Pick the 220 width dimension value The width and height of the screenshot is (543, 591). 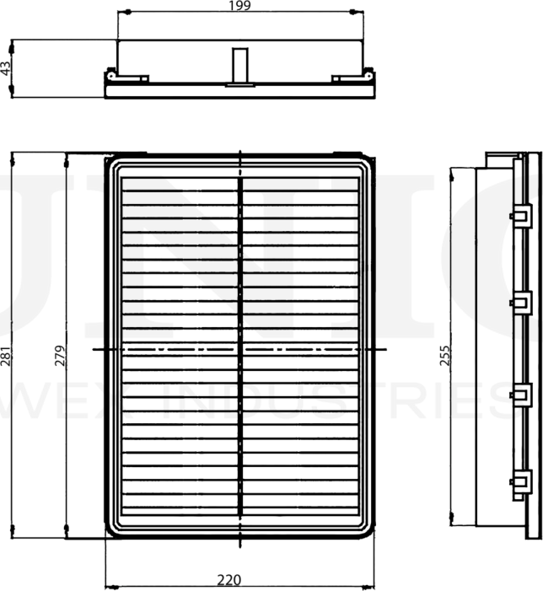(x=228, y=580)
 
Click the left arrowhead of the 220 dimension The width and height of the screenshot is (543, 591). (x=109, y=587)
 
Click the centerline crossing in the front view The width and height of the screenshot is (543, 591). (x=241, y=348)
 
